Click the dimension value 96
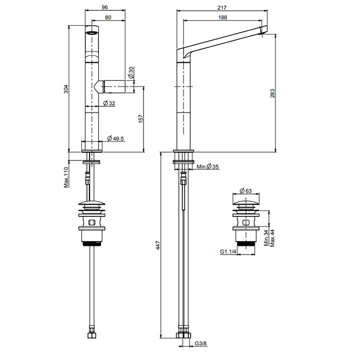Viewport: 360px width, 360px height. pyautogui.click(x=105, y=7)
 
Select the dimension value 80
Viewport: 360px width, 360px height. pyautogui.click(x=108, y=17)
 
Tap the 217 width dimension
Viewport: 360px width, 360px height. pyautogui.click(x=222, y=8)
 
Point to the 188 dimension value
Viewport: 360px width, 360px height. pyautogui.click(x=223, y=17)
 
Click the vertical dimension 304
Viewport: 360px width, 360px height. pyautogui.click(x=66, y=89)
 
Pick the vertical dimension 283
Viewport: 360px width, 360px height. pyautogui.click(x=272, y=93)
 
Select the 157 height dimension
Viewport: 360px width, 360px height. pyautogui.click(x=141, y=119)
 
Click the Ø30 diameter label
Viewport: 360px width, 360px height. pyautogui.click(x=131, y=73)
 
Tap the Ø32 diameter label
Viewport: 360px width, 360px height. pyautogui.click(x=109, y=103)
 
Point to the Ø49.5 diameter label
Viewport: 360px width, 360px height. pyautogui.click(x=115, y=138)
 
